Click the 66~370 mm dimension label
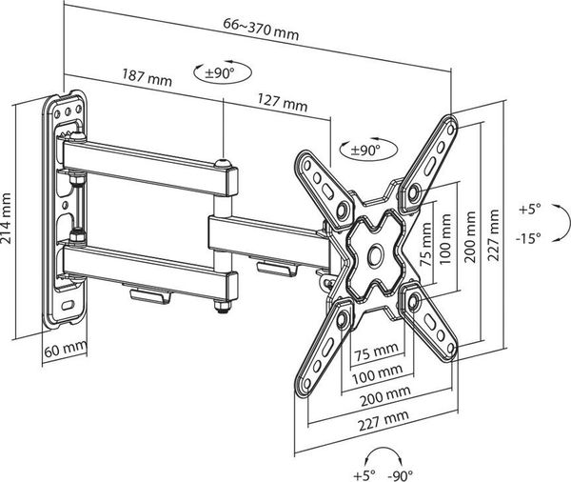point(261,30)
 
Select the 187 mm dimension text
point(147,77)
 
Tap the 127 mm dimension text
point(283,103)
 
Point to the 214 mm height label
point(7,218)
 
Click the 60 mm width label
point(66,350)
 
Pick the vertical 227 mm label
point(493,234)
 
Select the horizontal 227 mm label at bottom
point(384,421)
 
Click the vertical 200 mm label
point(470,237)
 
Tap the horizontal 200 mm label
point(385,396)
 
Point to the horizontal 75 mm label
point(377,351)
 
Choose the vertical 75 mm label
point(425,245)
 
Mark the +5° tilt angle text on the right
point(530,210)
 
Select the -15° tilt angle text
point(528,238)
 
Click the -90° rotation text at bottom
point(401,475)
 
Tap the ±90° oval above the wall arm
point(223,73)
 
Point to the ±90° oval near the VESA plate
point(367,150)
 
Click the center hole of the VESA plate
point(375,253)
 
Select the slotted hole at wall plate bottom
point(68,305)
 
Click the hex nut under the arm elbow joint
point(221,306)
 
